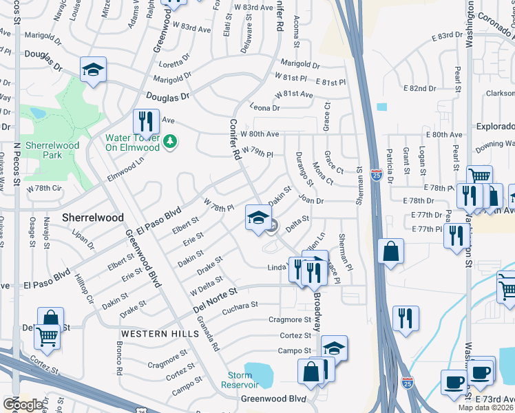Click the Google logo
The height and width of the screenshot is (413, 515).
click(23, 405)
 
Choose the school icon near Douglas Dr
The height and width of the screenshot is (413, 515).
click(93, 70)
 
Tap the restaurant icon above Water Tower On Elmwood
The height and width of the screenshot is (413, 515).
click(145, 122)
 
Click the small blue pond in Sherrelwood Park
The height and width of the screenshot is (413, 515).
click(36, 112)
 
